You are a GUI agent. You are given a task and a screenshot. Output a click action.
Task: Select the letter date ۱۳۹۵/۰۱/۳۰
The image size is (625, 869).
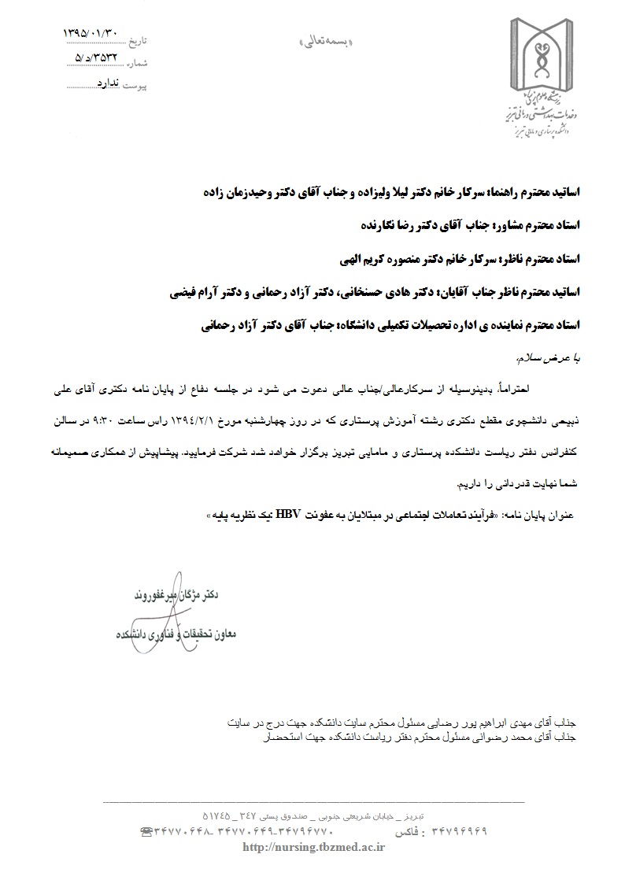[91, 34]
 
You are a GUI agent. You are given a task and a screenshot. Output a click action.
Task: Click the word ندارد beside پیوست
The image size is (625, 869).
[108, 81]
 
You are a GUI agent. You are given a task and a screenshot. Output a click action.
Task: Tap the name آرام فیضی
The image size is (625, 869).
[192, 291]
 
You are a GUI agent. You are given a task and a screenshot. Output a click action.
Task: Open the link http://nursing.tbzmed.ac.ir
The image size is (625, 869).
[315, 847]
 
